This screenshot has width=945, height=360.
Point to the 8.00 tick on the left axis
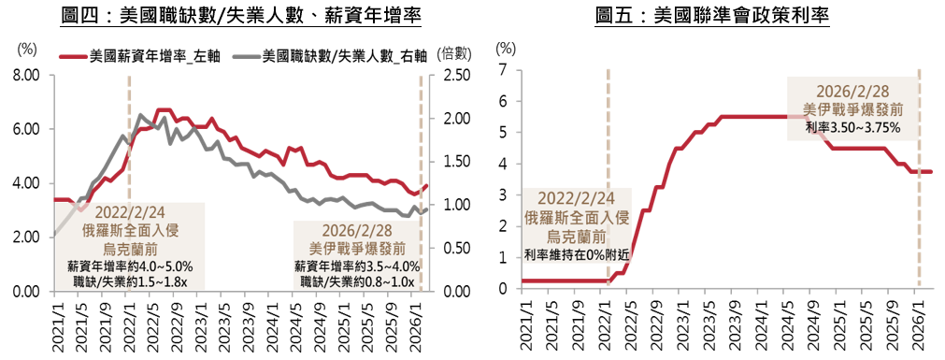coord(26,76)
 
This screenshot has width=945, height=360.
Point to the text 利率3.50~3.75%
coord(852,128)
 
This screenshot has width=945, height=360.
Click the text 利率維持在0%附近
coord(576,254)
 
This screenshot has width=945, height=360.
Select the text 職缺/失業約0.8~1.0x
coord(357,281)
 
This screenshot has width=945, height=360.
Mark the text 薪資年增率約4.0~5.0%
coord(130,266)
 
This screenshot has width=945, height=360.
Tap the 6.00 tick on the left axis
coord(26,129)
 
